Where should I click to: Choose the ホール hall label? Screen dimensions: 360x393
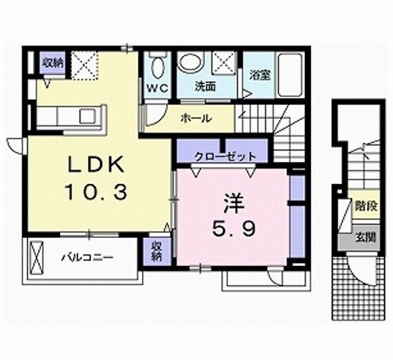tap(195, 118)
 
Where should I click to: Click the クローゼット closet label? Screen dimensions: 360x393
tap(224, 156)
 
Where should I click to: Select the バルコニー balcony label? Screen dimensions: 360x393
tap(85, 258)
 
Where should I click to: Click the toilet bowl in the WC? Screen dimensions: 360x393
tap(158, 67)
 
